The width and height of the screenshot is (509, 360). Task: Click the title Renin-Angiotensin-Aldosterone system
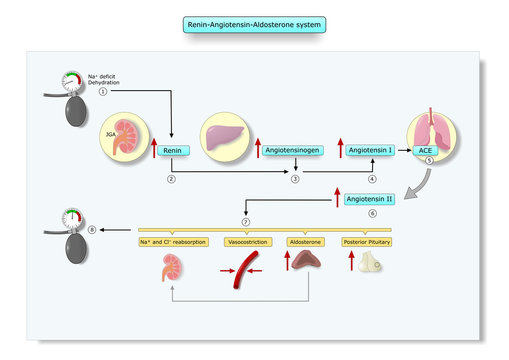[x=254, y=23]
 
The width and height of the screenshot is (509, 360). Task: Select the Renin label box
[x=173, y=150]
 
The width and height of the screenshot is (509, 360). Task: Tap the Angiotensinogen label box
[x=295, y=150]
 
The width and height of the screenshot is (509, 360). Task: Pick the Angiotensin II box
[x=369, y=199]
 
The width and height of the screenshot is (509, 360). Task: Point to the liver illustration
[x=225, y=137]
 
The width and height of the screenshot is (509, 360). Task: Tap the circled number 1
[x=102, y=92]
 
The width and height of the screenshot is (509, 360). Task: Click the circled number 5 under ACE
[x=429, y=161]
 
